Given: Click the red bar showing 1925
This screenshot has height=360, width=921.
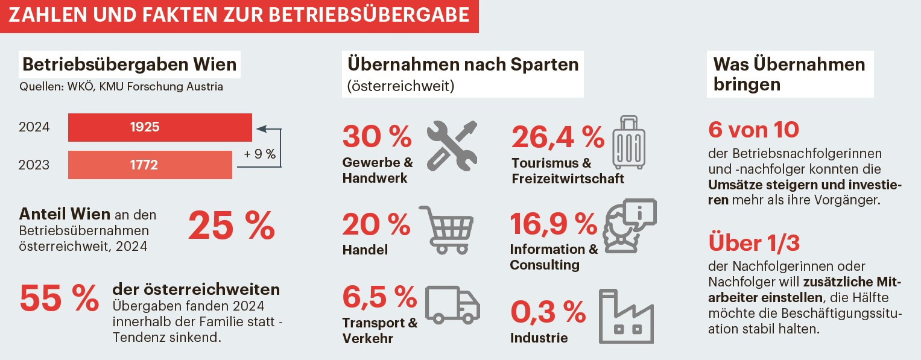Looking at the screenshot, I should tap(160, 127).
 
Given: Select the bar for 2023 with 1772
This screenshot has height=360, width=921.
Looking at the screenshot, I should tap(150, 165).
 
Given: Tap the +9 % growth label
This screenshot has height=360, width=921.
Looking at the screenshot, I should tap(260, 154).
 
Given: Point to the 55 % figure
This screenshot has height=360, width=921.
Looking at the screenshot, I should tap(59, 298).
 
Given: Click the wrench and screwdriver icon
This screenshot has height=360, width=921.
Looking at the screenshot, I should tap(452, 145).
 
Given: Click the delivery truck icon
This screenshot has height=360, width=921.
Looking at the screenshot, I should tap(452, 305).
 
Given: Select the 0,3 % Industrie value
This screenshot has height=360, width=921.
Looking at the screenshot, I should tap(548, 311).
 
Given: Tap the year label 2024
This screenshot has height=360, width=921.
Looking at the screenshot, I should tap(34, 127).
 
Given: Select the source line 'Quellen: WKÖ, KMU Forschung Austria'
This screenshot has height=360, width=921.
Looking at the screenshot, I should tap(121, 87).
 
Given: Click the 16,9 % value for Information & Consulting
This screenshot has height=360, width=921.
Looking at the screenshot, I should tap(553, 224).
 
